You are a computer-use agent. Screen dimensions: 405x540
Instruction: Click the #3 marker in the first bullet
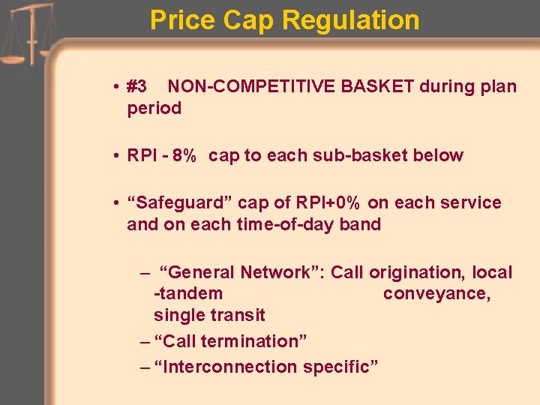point(137,86)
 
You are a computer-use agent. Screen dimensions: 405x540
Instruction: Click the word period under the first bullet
point(154,108)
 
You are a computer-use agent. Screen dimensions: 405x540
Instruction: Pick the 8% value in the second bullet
point(184,156)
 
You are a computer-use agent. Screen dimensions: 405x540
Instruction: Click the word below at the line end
point(442,156)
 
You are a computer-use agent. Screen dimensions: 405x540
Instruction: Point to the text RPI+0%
point(333,203)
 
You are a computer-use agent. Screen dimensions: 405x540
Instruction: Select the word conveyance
point(436,293)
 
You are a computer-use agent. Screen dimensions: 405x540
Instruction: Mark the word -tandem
point(188,293)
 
